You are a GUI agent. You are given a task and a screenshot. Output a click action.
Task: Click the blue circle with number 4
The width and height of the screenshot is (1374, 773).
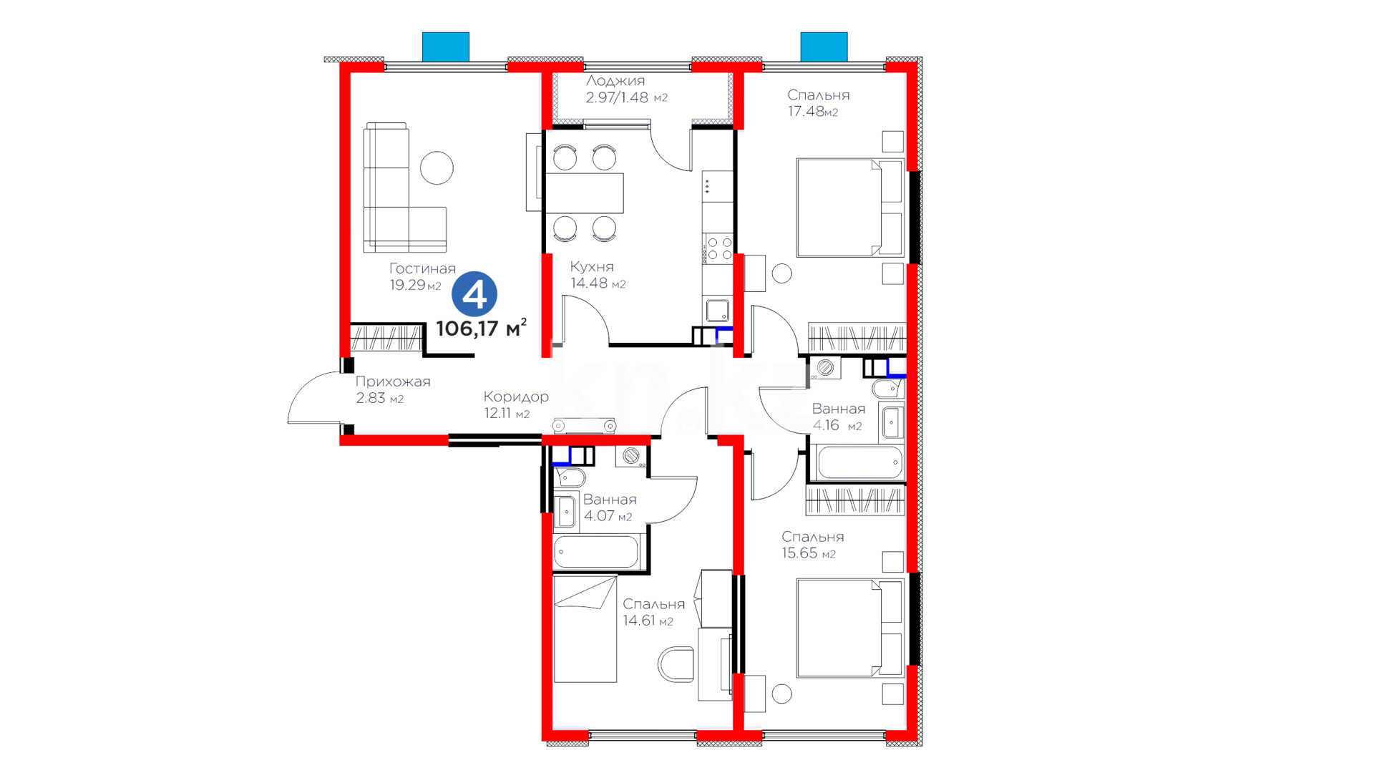click(474, 294)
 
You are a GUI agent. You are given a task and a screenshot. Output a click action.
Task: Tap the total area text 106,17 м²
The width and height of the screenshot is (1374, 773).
click(482, 328)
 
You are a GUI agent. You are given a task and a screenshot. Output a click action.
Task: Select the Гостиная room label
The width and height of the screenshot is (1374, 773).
click(422, 268)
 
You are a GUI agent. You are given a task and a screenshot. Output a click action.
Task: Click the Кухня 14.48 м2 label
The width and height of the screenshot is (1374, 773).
click(598, 275)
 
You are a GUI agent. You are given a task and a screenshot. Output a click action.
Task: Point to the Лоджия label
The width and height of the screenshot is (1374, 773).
click(615, 81)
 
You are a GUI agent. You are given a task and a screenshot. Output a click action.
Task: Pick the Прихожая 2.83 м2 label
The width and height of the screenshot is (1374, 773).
click(393, 389)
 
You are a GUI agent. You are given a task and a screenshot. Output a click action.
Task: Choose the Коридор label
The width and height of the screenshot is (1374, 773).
click(516, 397)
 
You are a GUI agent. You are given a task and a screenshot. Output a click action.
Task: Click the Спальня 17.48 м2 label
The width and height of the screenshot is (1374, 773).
click(818, 103)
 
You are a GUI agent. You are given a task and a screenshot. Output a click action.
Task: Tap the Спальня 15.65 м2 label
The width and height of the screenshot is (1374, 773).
click(812, 545)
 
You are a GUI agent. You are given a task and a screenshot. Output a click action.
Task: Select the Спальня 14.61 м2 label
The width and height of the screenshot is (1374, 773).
click(653, 612)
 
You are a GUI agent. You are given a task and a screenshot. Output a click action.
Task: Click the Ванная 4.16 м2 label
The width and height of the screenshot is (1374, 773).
click(838, 417)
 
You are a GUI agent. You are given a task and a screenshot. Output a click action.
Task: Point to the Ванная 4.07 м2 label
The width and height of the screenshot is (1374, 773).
click(610, 507)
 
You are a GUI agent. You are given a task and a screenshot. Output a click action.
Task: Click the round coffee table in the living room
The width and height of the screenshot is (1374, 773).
click(437, 168)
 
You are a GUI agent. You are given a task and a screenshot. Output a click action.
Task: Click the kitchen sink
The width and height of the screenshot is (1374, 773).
click(717, 311)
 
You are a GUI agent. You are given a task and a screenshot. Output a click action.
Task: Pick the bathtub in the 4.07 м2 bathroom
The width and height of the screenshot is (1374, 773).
click(596, 552)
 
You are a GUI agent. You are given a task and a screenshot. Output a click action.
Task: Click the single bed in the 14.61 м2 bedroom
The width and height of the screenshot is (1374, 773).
click(585, 629)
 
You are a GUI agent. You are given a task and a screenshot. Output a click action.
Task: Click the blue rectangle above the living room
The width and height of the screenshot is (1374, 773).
click(446, 47)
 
